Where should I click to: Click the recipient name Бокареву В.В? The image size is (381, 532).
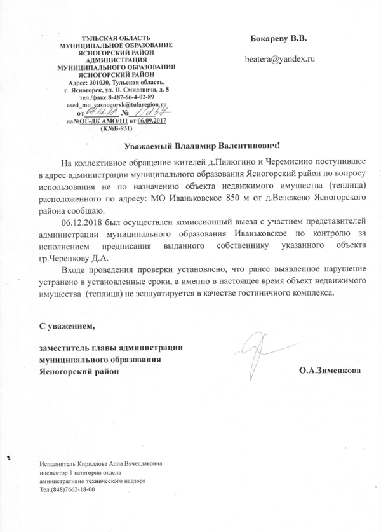tap(280, 38)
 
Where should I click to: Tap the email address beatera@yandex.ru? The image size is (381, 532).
tap(280, 58)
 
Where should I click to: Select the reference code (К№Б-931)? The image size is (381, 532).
tap(116, 128)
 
